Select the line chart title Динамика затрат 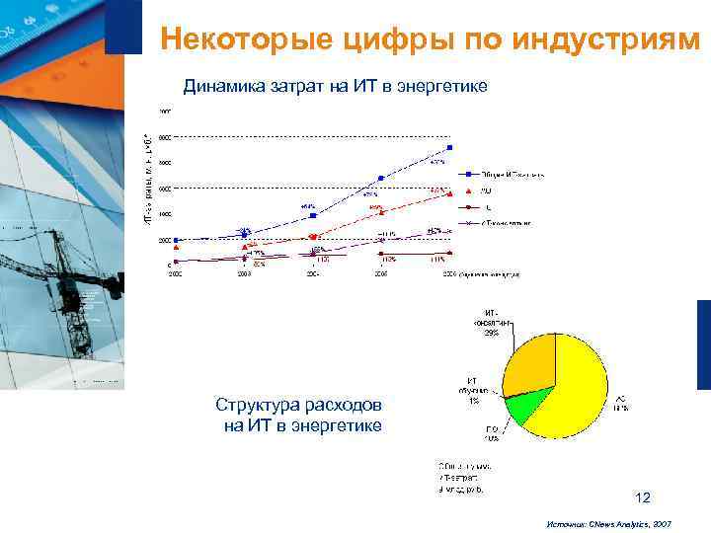coord(336,87)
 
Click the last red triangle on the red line coord(450,190)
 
